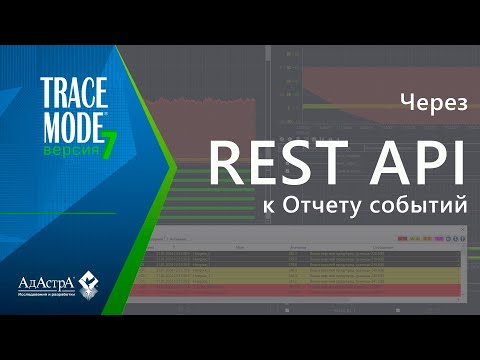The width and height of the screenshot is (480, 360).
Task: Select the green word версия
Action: pos(66,138)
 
